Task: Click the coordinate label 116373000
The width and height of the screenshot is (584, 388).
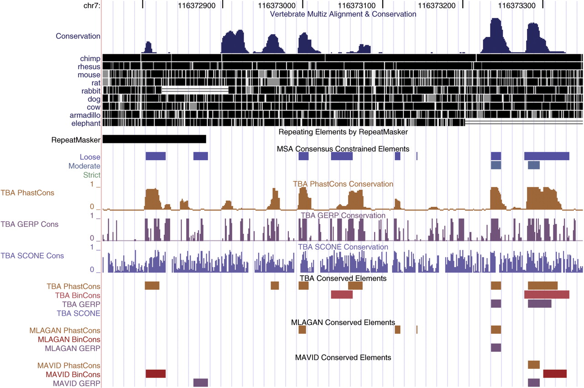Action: pyautogui.click(x=276, y=5)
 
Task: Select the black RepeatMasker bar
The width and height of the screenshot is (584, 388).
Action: pyautogui.click(x=154, y=139)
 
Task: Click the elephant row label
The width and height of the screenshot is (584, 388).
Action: pyautogui.click(x=86, y=123)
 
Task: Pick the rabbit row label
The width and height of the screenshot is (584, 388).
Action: pyautogui.click(x=91, y=91)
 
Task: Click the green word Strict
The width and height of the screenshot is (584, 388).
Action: pyautogui.click(x=92, y=175)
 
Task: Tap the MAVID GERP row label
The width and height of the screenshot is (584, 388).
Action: pyautogui.click(x=77, y=383)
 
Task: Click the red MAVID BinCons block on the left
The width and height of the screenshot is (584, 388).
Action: pyautogui.click(x=156, y=374)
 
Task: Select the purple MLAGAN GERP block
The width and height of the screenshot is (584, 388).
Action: pyautogui.click(x=496, y=348)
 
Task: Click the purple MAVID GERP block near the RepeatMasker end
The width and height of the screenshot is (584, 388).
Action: pyautogui.click(x=201, y=383)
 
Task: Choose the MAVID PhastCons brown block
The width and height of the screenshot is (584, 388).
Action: pyautogui.click(x=534, y=364)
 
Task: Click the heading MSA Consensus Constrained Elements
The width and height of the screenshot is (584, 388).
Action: pyautogui.click(x=343, y=149)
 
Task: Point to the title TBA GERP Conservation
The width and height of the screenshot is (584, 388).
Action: pyautogui.click(x=343, y=215)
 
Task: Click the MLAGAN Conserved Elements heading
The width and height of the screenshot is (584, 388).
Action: pyautogui.click(x=343, y=323)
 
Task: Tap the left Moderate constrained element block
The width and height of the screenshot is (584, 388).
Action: pyautogui.click(x=496, y=165)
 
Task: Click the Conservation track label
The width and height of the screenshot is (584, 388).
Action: pyautogui.click(x=78, y=36)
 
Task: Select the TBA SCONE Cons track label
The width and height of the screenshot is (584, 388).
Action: pyautogui.click(x=32, y=256)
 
